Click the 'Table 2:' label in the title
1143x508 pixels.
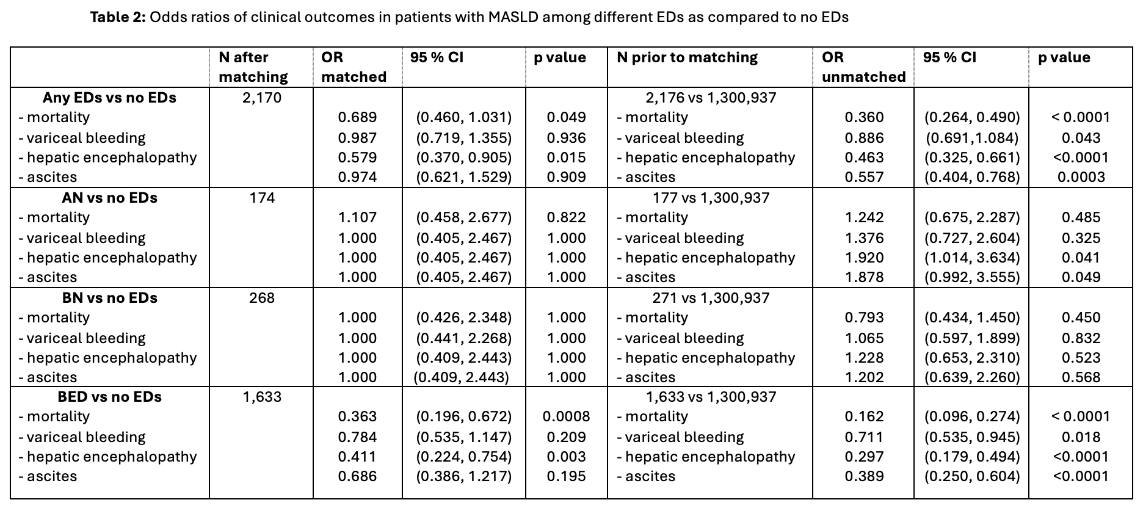[118, 17]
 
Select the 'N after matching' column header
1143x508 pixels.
[253, 67]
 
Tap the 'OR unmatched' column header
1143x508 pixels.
[864, 67]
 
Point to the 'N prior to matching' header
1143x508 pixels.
[687, 57]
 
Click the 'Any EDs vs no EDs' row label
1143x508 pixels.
[109, 98]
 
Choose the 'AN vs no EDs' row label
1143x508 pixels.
[109, 198]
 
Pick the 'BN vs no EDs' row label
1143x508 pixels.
[109, 298]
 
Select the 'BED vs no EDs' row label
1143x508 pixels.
[109, 397]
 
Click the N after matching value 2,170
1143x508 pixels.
[262, 98]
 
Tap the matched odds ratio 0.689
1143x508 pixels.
[358, 117]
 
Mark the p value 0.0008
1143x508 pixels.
[567, 416]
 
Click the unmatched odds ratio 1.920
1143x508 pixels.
[865, 258]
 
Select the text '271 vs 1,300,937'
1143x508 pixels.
[711, 298]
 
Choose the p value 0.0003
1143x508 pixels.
[1081, 177]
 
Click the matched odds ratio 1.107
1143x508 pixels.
[358, 217]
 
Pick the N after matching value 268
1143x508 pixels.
[262, 298]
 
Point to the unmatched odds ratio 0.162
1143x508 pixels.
[865, 416]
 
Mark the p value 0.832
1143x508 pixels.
[1081, 338]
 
